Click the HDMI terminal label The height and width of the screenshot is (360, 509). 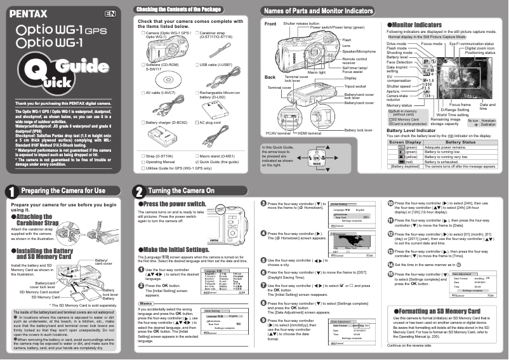pyautogui.click(x=310, y=133)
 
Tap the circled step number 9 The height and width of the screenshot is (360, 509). pyautogui.click(x=263, y=321)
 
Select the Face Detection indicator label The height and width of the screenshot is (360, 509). pyautogui.click(x=399, y=62)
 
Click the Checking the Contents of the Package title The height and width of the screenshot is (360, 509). pyautogui.click(x=178, y=10)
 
